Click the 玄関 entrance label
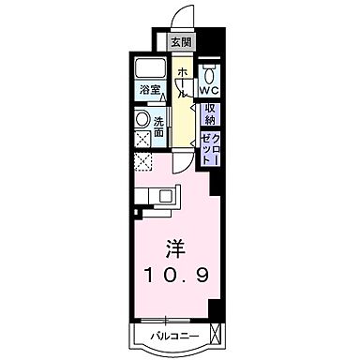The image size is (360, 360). click(181, 41)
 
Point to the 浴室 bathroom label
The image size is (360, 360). click(150, 92)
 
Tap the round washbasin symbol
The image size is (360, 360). click(142, 119)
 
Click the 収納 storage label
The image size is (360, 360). click(209, 114)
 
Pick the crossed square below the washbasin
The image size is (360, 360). click(142, 140)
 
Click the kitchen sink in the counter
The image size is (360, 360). click(168, 196)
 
